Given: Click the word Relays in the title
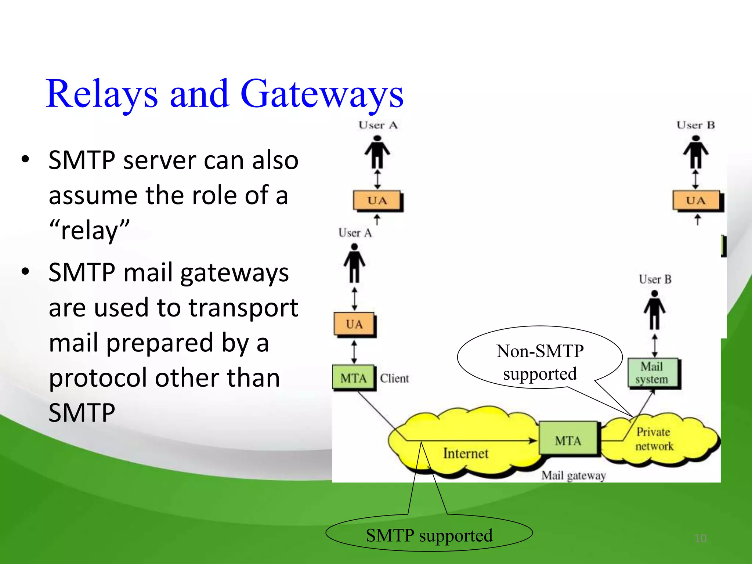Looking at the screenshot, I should click(102, 95).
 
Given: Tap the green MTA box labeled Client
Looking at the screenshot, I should click(353, 377).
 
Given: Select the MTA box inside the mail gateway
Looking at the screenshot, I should click(568, 440).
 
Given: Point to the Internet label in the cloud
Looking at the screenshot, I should click(466, 453).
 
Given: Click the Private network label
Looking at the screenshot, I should click(654, 439).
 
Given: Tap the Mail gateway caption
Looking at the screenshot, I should click(573, 476).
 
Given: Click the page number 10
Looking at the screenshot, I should click(700, 538).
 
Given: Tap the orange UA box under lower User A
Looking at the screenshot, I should click(354, 324).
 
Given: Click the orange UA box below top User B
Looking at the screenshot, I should click(696, 200).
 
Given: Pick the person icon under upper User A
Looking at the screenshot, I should click(377, 152).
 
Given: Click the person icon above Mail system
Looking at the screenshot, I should click(654, 310).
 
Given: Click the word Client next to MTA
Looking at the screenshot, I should click(394, 378).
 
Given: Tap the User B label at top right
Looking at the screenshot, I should click(695, 125).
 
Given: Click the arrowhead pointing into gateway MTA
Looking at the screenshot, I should click(533, 440).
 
